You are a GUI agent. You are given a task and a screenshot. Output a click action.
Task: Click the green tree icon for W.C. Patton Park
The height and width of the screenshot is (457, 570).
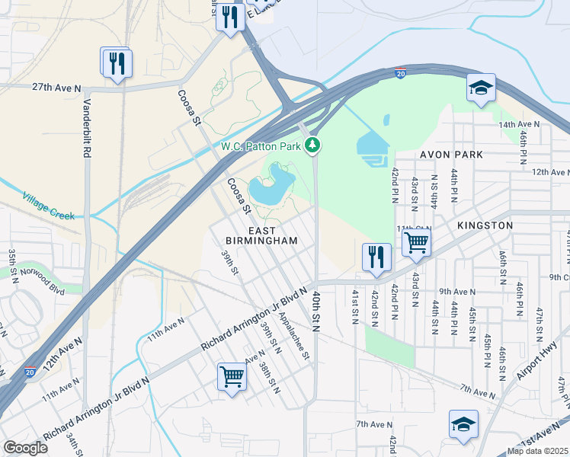tap(312, 145)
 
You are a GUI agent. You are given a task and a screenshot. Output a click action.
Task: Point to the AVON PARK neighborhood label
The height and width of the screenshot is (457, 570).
tap(453, 155)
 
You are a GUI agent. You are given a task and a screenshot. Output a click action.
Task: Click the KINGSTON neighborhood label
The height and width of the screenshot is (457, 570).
tap(485, 226)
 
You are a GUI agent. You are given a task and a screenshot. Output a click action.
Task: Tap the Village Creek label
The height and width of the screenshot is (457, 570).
tap(49, 205)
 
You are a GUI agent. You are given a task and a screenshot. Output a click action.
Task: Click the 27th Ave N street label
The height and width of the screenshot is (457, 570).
tap(56, 88)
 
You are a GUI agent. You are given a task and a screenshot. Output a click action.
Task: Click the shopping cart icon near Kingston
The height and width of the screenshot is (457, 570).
tap(415, 242)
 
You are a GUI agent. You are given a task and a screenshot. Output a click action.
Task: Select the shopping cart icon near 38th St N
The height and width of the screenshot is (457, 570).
tap(232, 375)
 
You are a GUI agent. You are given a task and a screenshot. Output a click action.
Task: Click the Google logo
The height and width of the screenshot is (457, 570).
tap(25, 448)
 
